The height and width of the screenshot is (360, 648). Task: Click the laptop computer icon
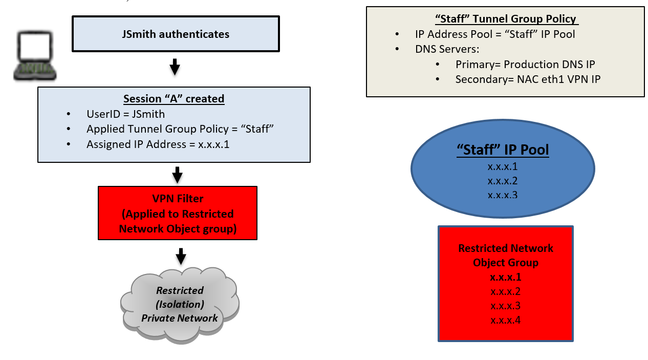pyautogui.click(x=34, y=56)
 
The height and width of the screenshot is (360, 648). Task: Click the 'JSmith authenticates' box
pyautogui.click(x=176, y=34)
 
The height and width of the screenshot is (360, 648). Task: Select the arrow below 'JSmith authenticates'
pyautogui.click(x=175, y=67)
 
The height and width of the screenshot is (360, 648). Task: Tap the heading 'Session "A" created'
pyautogui.click(x=174, y=98)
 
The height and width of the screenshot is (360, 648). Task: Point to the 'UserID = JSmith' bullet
pyautogui.click(x=125, y=114)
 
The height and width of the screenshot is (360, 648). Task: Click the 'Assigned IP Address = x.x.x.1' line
pyautogui.click(x=158, y=144)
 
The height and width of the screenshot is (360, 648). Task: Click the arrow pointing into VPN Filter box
pyautogui.click(x=177, y=175)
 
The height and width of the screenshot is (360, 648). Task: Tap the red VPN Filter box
pyautogui.click(x=177, y=213)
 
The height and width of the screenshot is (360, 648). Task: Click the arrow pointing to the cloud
pyautogui.click(x=181, y=256)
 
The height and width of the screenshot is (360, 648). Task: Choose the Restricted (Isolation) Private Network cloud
pyautogui.click(x=180, y=304)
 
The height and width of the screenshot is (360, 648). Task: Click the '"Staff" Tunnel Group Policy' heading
pyautogui.click(x=506, y=19)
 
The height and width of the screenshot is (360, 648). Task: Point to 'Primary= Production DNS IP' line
pyautogui.click(x=525, y=65)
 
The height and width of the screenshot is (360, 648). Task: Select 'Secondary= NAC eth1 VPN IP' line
pyautogui.click(x=528, y=79)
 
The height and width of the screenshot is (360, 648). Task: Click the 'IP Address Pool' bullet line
pyautogui.click(x=495, y=34)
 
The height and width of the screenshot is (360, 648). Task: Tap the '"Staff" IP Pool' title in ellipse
pyautogui.click(x=503, y=150)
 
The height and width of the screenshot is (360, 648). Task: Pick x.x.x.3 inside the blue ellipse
pyautogui.click(x=503, y=195)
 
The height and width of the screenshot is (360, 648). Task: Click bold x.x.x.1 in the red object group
pyautogui.click(x=505, y=277)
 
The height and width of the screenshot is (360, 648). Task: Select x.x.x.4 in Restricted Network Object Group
pyautogui.click(x=505, y=321)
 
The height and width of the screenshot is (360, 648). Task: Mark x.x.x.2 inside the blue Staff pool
pyautogui.click(x=503, y=181)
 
